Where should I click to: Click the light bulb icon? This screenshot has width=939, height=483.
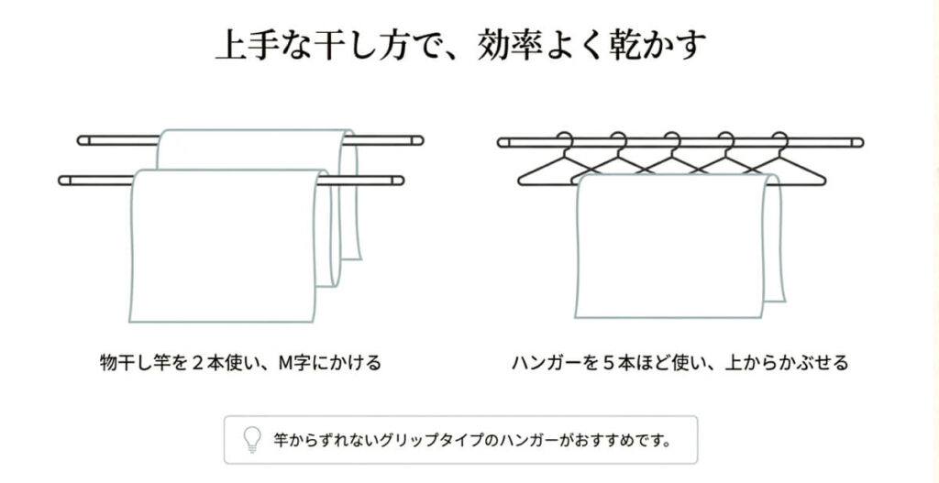click(x=253, y=440)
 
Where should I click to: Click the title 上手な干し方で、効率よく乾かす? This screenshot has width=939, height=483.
click(x=460, y=45)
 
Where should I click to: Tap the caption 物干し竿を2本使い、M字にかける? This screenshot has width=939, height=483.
click(x=241, y=363)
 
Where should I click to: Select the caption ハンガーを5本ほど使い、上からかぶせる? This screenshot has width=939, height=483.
click(x=680, y=363)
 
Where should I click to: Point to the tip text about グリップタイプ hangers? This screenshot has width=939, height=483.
click(x=471, y=441)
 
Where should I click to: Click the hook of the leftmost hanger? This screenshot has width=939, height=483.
click(x=564, y=141)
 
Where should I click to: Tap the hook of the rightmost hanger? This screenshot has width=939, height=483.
click(x=779, y=141)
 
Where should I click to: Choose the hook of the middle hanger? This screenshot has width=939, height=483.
click(x=672, y=141)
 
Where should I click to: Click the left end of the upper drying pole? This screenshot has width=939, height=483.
click(x=79, y=140)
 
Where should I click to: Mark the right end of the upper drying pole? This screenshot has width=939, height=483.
click(x=422, y=140)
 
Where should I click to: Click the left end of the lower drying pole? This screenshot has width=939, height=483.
click(x=60, y=181)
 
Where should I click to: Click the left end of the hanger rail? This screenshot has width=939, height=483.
click(x=499, y=142)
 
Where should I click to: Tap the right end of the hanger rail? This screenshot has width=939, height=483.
click(x=862, y=142)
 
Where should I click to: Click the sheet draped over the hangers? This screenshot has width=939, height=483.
click(x=679, y=246)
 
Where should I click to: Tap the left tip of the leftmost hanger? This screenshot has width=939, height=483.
click(x=519, y=181)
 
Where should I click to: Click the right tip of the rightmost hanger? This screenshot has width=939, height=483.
click(x=824, y=181)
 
